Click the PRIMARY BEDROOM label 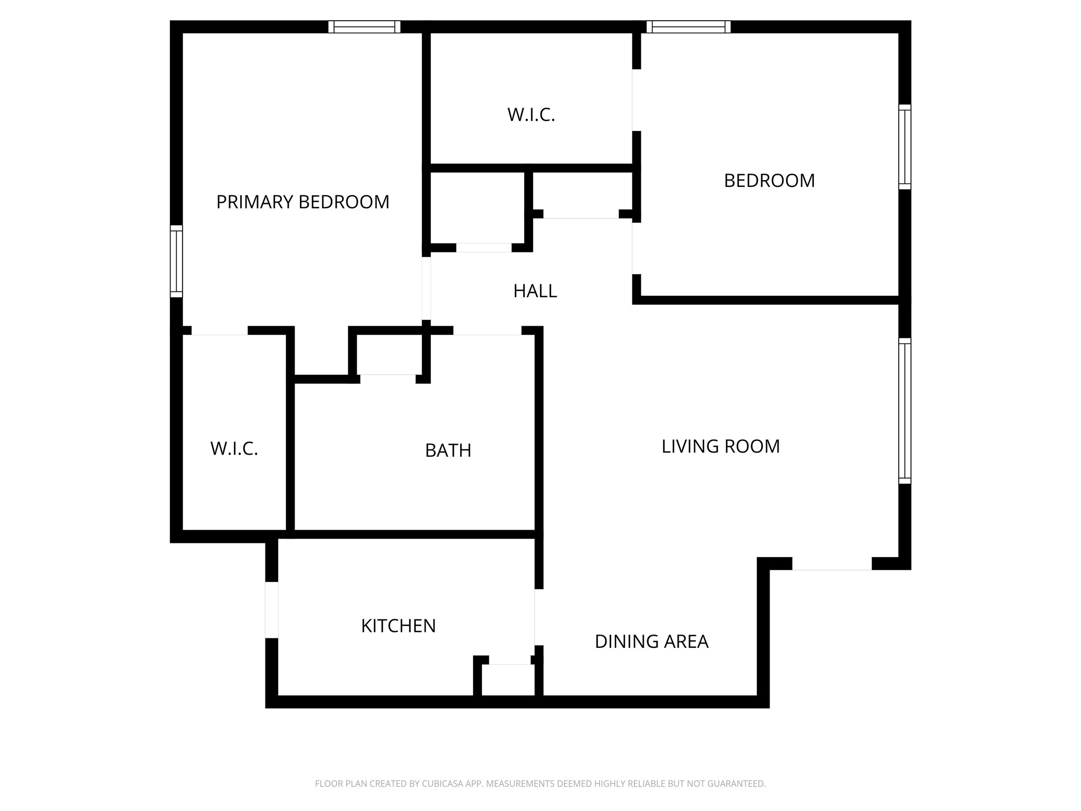pyautogui.click(x=302, y=202)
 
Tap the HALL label pyautogui.click(x=535, y=291)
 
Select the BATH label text pyautogui.click(x=448, y=450)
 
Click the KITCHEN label pyautogui.click(x=398, y=626)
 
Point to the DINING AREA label pyautogui.click(x=651, y=642)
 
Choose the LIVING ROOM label pyautogui.click(x=720, y=446)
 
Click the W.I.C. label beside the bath pyautogui.click(x=234, y=449)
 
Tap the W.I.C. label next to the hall pyautogui.click(x=531, y=115)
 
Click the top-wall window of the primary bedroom pyautogui.click(x=364, y=26)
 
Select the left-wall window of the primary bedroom pyautogui.click(x=176, y=261)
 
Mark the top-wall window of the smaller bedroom pyautogui.click(x=688, y=26)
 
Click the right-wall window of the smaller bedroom pyautogui.click(x=905, y=147)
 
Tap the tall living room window pyautogui.click(x=905, y=411)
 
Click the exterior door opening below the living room pyautogui.click(x=831, y=564)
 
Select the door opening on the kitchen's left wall pyautogui.click(x=271, y=610)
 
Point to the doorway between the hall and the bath pyautogui.click(x=487, y=331)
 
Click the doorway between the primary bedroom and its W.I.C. pyautogui.click(x=219, y=331)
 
